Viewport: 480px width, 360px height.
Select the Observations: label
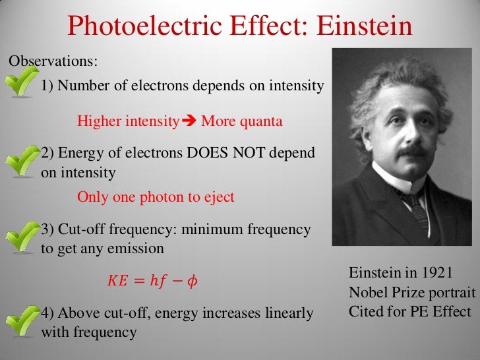tap(53, 61)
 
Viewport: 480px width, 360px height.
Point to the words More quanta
tap(241, 121)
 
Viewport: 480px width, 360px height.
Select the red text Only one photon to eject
tap(156, 196)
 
